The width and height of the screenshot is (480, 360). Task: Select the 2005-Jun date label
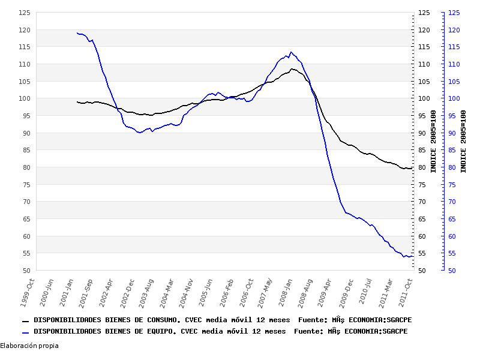tap(206, 292)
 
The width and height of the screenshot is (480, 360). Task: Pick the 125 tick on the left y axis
tap(24, 13)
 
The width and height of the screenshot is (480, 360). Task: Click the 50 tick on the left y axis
tap(26, 271)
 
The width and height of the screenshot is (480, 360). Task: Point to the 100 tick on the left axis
tap(24, 98)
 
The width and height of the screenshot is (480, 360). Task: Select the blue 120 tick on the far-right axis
tap(454, 30)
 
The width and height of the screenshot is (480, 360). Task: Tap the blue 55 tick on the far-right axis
tap(455, 254)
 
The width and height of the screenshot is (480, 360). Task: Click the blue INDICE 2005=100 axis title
tap(463, 142)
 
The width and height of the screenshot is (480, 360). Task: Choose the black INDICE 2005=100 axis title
tap(433, 142)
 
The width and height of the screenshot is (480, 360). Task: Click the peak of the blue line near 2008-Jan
tap(291, 52)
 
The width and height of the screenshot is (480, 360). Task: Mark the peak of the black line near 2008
tap(292, 69)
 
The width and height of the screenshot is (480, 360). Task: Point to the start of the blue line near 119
tap(77, 32)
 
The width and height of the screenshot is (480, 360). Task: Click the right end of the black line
tap(412, 169)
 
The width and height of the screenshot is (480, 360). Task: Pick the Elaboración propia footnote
tap(29, 346)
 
